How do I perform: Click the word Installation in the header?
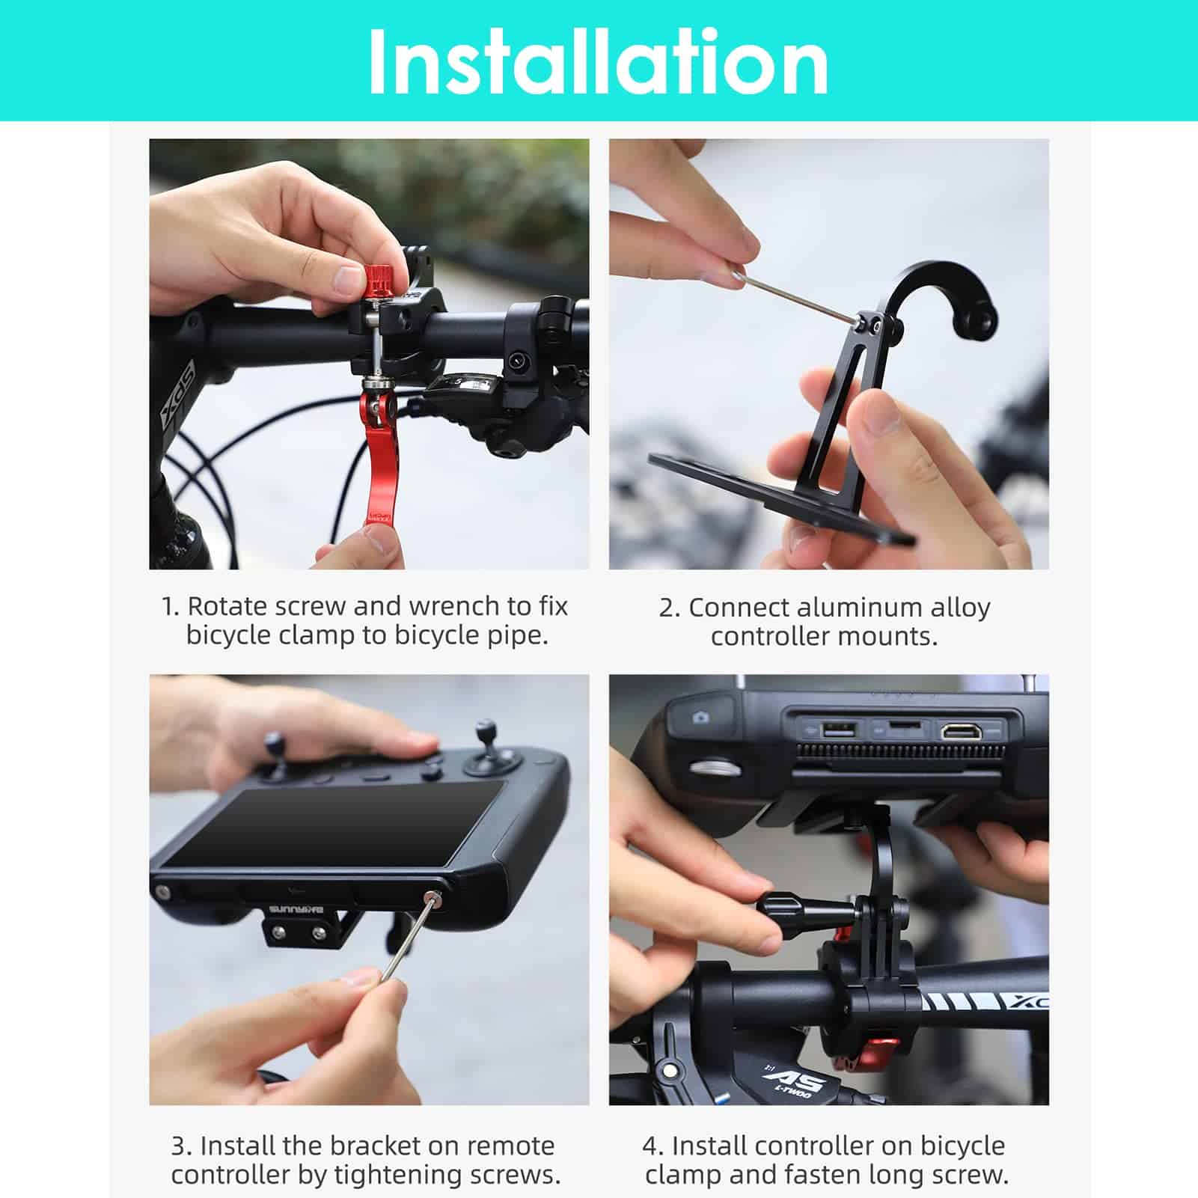(598, 61)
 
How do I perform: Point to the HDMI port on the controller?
(961, 730)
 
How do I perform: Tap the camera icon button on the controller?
(701, 717)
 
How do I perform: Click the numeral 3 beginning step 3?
(178, 1146)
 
